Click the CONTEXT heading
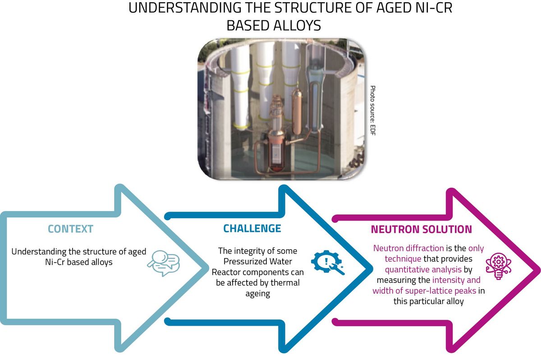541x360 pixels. (x=70, y=229)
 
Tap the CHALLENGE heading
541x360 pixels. (x=252, y=228)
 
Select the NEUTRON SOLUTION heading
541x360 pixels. (x=421, y=229)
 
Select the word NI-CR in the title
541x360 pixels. (x=433, y=9)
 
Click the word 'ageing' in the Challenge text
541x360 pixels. (x=258, y=294)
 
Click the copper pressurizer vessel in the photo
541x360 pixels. (x=297, y=111)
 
